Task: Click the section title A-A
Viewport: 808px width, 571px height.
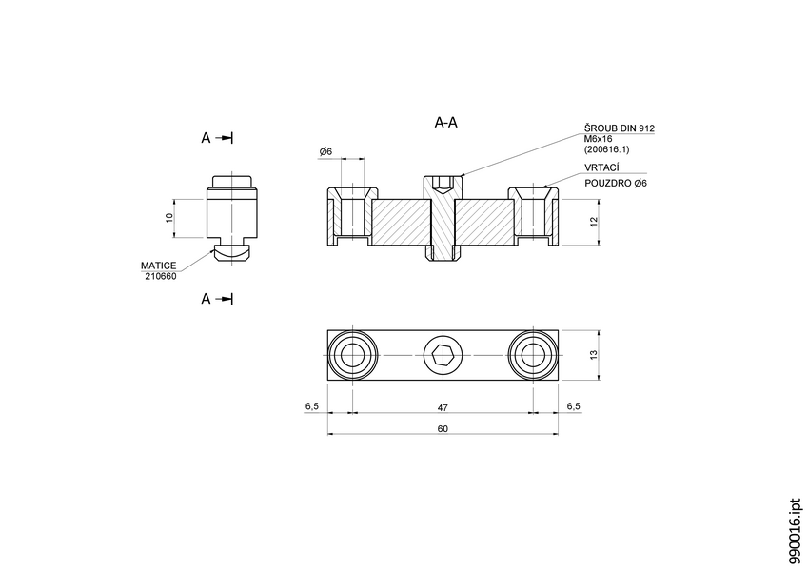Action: coord(445,123)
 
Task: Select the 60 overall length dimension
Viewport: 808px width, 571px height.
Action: coord(443,428)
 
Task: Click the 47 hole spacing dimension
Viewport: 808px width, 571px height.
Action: coord(443,406)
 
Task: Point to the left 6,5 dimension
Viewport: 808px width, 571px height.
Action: coord(311,406)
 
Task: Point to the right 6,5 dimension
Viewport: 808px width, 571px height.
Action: coord(573,406)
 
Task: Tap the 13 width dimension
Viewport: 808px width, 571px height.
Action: coord(593,356)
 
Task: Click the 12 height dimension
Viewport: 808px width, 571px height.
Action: coord(593,222)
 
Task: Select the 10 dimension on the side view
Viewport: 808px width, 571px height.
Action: coord(169,218)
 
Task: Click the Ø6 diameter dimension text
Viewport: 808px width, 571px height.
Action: coord(325,151)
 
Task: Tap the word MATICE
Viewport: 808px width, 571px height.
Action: coord(159,266)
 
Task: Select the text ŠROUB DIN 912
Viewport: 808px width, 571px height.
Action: coord(620,128)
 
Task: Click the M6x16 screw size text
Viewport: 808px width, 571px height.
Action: coord(600,139)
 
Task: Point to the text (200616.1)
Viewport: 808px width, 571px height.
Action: coord(606,149)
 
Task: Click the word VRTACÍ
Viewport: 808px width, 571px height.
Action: coord(601,167)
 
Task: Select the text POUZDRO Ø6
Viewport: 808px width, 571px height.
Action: coord(615,183)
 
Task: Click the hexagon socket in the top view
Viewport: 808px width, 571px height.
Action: coord(443,357)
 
